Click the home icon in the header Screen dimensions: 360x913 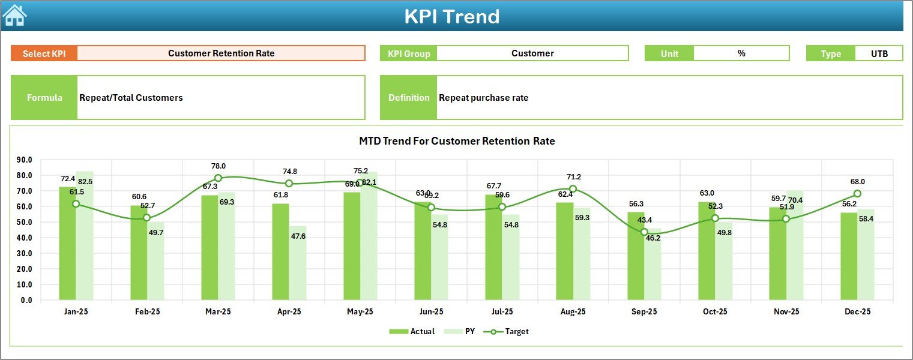tap(14, 15)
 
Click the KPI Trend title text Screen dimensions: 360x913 tap(451, 16)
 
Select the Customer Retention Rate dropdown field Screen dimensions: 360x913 tap(221, 53)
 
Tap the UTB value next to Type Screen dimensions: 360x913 tap(879, 53)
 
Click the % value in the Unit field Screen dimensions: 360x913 tap(741, 53)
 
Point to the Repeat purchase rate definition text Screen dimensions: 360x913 tap(483, 98)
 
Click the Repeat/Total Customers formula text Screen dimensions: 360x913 tap(131, 98)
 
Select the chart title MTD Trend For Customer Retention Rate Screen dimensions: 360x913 tap(457, 142)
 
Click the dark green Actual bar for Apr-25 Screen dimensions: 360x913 tap(280, 252)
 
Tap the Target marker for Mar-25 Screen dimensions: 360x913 tap(218, 178)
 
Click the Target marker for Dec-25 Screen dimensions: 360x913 tap(857, 194)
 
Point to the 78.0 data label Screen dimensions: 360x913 tap(218, 166)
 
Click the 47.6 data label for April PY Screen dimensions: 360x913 tap(298, 236)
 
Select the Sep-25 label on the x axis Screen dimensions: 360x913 tap(644, 312)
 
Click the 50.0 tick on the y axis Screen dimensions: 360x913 tap(25, 222)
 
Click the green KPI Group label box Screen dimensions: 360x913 tap(409, 53)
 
